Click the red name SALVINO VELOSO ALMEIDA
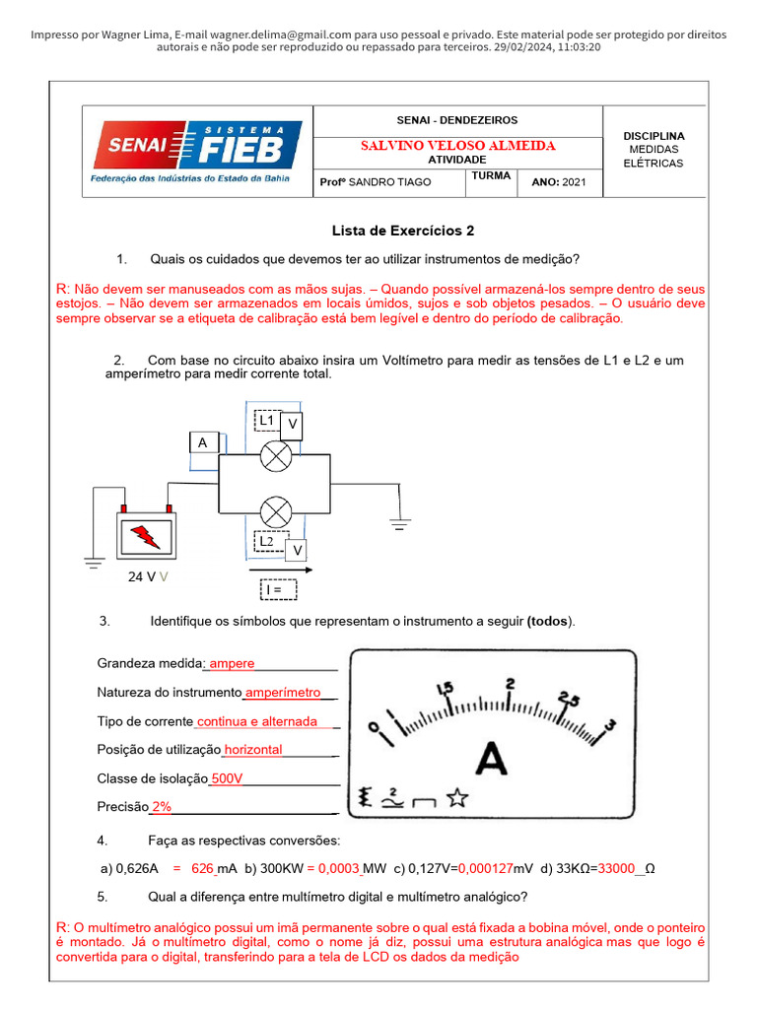457,145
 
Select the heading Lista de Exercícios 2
404,231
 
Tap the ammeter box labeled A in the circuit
202,443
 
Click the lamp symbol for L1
275,455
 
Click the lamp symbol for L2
275,511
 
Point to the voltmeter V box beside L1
292,424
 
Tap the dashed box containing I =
277,589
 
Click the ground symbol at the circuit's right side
399,524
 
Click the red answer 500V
227,778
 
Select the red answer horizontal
253,750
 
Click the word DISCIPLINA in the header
654,135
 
